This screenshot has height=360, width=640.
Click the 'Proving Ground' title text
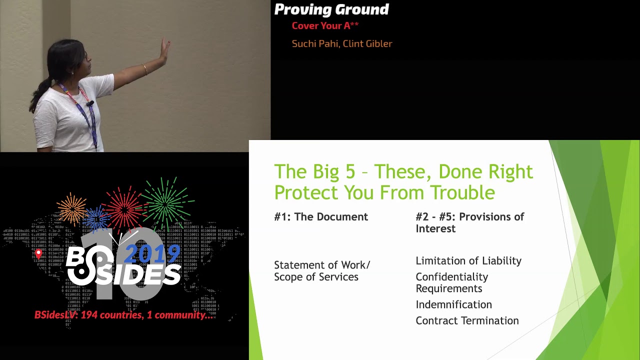pyautogui.click(x=331, y=9)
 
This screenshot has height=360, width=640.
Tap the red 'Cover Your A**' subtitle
pyautogui.click(x=325, y=26)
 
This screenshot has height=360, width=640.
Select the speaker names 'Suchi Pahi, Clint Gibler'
pyautogui.click(x=342, y=44)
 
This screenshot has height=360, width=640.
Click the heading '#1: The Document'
pyautogui.click(x=321, y=217)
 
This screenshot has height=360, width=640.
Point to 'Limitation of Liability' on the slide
pyautogui.click(x=468, y=261)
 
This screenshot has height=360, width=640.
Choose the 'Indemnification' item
pyautogui.click(x=453, y=305)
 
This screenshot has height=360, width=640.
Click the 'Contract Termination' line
pyautogui.click(x=467, y=321)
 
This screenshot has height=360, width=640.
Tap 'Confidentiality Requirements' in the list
pyautogui.click(x=451, y=282)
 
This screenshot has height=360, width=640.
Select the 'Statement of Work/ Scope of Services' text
pyautogui.click(x=321, y=271)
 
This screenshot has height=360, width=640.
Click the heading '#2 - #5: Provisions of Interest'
pyautogui.click(x=469, y=222)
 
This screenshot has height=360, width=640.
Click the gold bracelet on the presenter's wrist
pyautogui.click(x=145, y=69)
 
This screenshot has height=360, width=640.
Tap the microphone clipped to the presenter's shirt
pyautogui.click(x=91, y=103)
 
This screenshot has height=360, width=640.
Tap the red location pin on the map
pyautogui.click(x=38, y=254)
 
